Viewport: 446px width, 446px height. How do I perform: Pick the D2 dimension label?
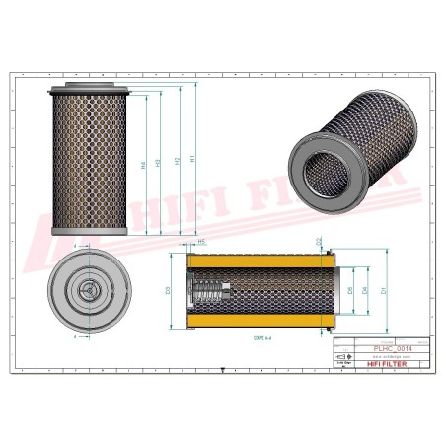[319, 242]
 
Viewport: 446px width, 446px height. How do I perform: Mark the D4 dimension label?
[366, 291]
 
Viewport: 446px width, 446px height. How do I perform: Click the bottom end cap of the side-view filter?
[90, 233]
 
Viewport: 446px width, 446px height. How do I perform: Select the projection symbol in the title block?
[342, 363]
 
